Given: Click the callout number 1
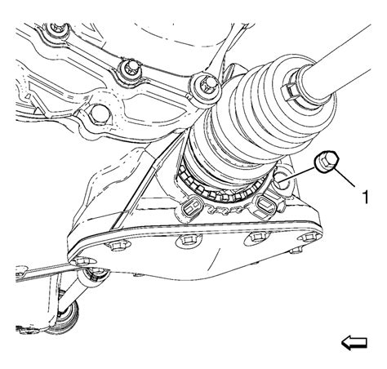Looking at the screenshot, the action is click(366, 197).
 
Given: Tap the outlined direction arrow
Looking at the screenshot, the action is click(354, 343).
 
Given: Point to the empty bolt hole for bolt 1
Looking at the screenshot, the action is click(282, 182).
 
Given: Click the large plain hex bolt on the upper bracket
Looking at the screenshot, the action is click(97, 114).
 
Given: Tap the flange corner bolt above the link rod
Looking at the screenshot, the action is click(82, 262).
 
